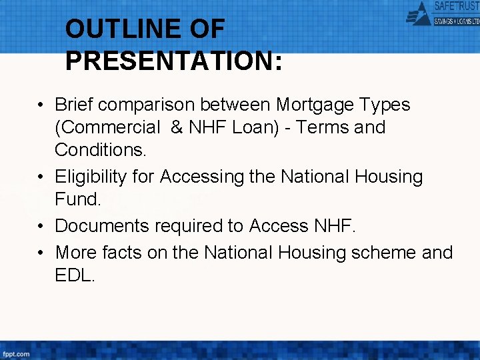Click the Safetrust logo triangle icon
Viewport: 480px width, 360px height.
click(x=419, y=13)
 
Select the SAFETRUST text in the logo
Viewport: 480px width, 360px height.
click(x=456, y=6)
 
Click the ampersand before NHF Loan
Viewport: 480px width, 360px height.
click(x=177, y=127)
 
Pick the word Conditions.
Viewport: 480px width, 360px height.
click(x=100, y=149)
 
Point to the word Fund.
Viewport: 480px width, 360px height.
click(x=78, y=199)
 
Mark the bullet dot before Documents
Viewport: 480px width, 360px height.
click(x=41, y=226)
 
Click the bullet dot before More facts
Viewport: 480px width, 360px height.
click(x=41, y=253)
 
